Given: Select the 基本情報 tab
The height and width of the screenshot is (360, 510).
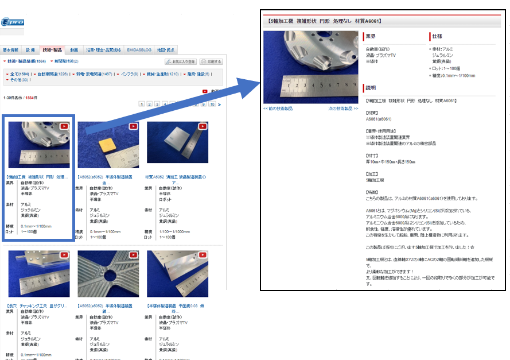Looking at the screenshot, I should tap(11, 50).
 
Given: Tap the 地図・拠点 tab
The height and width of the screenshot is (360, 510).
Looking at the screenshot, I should tap(166, 50).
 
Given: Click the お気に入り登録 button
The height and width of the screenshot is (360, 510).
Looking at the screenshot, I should tap(181, 61).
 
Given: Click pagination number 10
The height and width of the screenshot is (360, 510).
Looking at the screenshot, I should tap(212, 104).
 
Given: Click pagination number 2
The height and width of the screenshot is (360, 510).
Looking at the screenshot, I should tap(149, 104).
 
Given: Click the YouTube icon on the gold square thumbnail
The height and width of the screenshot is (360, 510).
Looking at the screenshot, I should tap(133, 126).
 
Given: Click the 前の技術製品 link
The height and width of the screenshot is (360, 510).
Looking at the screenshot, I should tap(278, 109).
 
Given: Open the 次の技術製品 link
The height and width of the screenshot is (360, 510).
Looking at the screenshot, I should tap(343, 109).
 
